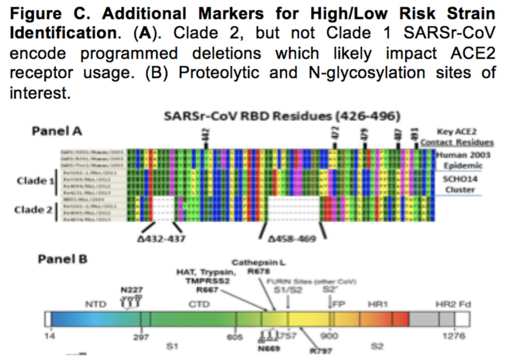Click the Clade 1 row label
point(34,181)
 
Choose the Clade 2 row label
point(34,209)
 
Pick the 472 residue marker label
point(335,133)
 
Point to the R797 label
point(321,351)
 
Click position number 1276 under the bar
point(454,337)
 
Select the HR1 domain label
point(377,305)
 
